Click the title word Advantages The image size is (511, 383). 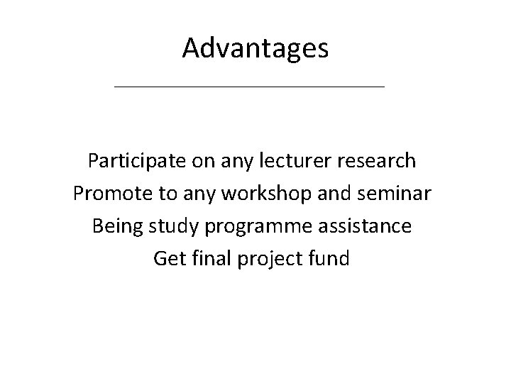pyautogui.click(x=255, y=48)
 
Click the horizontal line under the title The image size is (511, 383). pyautogui.click(x=248, y=87)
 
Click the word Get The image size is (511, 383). pyautogui.click(x=168, y=259)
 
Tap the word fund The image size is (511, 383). pyautogui.click(x=331, y=259)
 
